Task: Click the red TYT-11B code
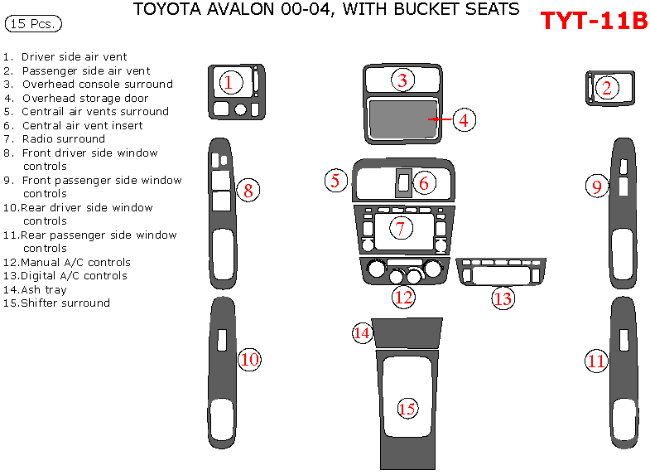(594, 21)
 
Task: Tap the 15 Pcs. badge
(33, 24)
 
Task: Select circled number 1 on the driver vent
(230, 82)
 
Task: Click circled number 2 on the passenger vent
(607, 88)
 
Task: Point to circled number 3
(402, 80)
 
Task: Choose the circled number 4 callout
(464, 120)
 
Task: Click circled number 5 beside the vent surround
(335, 181)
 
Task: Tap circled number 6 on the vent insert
(423, 183)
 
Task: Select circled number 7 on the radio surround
(400, 228)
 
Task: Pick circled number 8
(248, 191)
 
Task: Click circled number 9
(596, 187)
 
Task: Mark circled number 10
(249, 359)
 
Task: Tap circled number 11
(596, 361)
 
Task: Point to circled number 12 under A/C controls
(403, 297)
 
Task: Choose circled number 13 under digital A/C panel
(503, 298)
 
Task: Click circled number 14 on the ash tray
(362, 332)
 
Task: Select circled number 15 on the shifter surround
(407, 408)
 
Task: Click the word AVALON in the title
(226, 10)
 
